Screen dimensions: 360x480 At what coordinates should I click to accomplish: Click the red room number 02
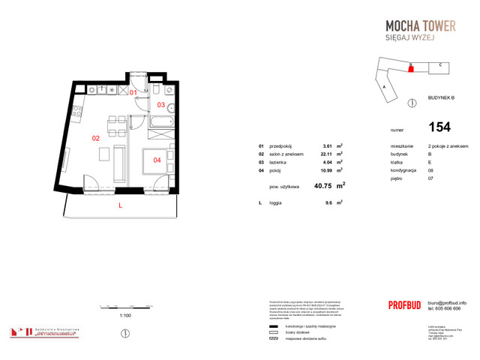95,138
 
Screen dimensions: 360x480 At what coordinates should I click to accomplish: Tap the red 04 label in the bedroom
157,159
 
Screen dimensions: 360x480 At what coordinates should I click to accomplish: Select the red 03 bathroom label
160,105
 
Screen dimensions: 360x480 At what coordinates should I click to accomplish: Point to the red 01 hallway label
133,92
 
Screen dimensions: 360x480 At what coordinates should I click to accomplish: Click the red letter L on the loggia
120,205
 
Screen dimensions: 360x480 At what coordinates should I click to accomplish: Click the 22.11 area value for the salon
326,154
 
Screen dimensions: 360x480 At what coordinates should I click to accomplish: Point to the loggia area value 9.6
327,202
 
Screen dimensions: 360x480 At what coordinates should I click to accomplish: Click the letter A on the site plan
384,87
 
